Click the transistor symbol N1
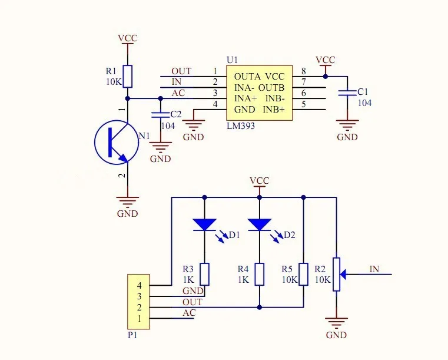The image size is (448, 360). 117,143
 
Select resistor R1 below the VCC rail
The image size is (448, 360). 128,76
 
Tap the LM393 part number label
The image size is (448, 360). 241,126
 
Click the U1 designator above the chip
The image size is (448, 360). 233,60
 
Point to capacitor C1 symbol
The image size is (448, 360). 347,93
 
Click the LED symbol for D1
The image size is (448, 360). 204,224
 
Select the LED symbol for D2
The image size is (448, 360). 259,224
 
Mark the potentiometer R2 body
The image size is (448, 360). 336,274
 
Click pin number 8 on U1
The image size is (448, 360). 304,71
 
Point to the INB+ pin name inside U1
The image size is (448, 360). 273,110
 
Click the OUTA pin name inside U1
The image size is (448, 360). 246,77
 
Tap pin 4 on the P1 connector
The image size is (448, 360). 139,286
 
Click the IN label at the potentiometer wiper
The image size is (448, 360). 374,269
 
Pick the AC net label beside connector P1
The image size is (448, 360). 189,313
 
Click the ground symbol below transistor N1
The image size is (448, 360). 127,202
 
